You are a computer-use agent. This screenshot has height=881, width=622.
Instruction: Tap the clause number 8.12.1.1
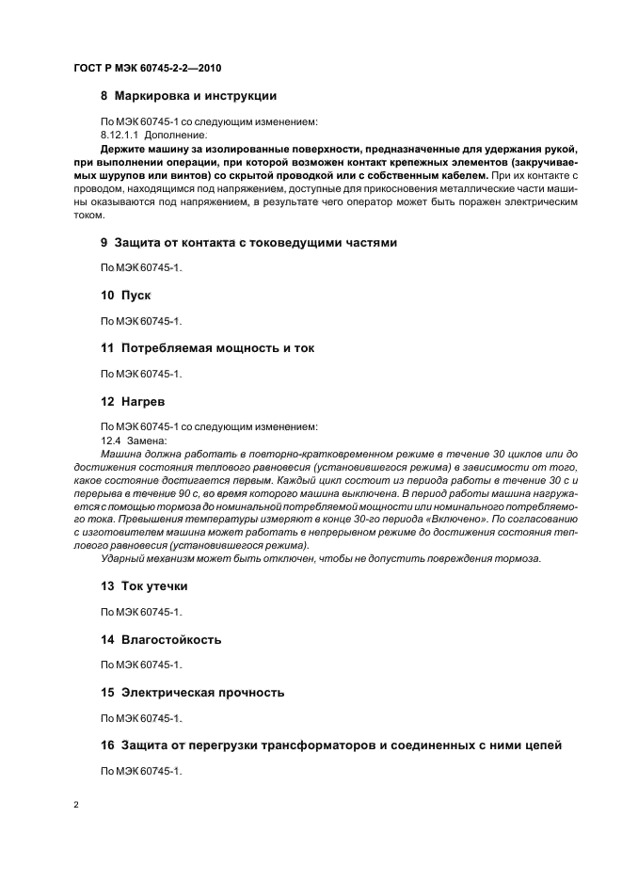click(120, 135)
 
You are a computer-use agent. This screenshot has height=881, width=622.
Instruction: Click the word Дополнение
click(177, 135)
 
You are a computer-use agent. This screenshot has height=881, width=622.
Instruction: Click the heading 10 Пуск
click(126, 296)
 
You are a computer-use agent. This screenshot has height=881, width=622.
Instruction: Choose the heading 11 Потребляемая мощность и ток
click(207, 348)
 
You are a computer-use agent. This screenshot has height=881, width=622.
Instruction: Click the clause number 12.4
click(111, 440)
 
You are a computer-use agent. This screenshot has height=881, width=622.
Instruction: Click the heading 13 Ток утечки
click(144, 585)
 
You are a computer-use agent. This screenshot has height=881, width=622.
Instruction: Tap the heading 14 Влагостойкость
click(161, 639)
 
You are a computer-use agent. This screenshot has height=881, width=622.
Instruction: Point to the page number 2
click(76, 807)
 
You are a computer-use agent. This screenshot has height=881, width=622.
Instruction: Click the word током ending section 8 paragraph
click(90, 215)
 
